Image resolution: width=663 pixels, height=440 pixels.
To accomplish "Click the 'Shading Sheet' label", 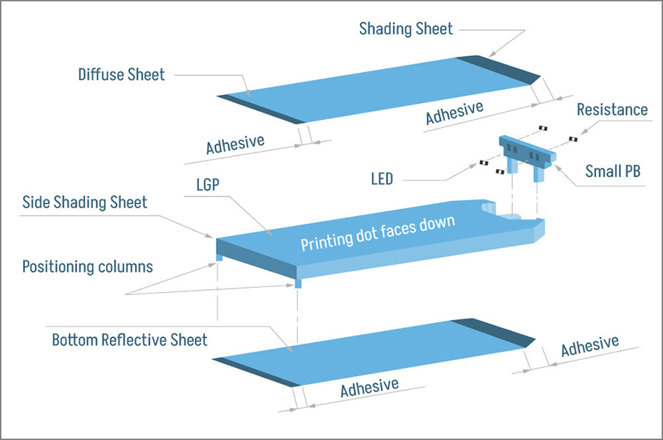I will [406, 29].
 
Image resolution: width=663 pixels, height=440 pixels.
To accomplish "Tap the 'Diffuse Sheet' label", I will [122, 74].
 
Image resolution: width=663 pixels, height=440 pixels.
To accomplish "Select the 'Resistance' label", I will [611, 110].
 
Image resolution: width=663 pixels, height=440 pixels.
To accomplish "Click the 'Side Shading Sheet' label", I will [85, 202].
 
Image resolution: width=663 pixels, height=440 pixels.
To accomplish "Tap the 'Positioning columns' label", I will [88, 266].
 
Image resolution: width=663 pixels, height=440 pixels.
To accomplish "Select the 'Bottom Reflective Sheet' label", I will [130, 341].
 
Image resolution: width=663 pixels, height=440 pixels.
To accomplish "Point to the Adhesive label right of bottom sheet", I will [589, 347].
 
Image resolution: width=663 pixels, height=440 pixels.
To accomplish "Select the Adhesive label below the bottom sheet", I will [369, 387].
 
